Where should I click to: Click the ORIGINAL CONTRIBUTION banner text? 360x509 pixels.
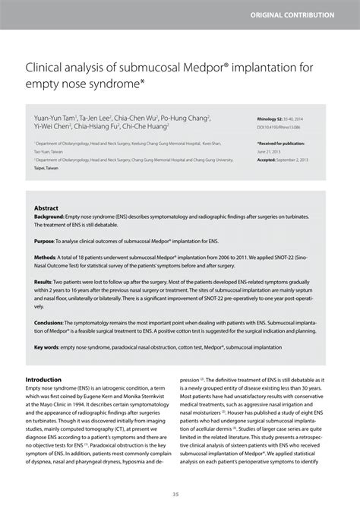[303, 14]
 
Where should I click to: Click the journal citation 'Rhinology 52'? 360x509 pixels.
[273, 119]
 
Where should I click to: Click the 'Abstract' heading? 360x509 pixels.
[46, 207]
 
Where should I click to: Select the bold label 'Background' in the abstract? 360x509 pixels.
[49, 216]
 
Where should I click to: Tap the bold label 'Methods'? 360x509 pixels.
[46, 258]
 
